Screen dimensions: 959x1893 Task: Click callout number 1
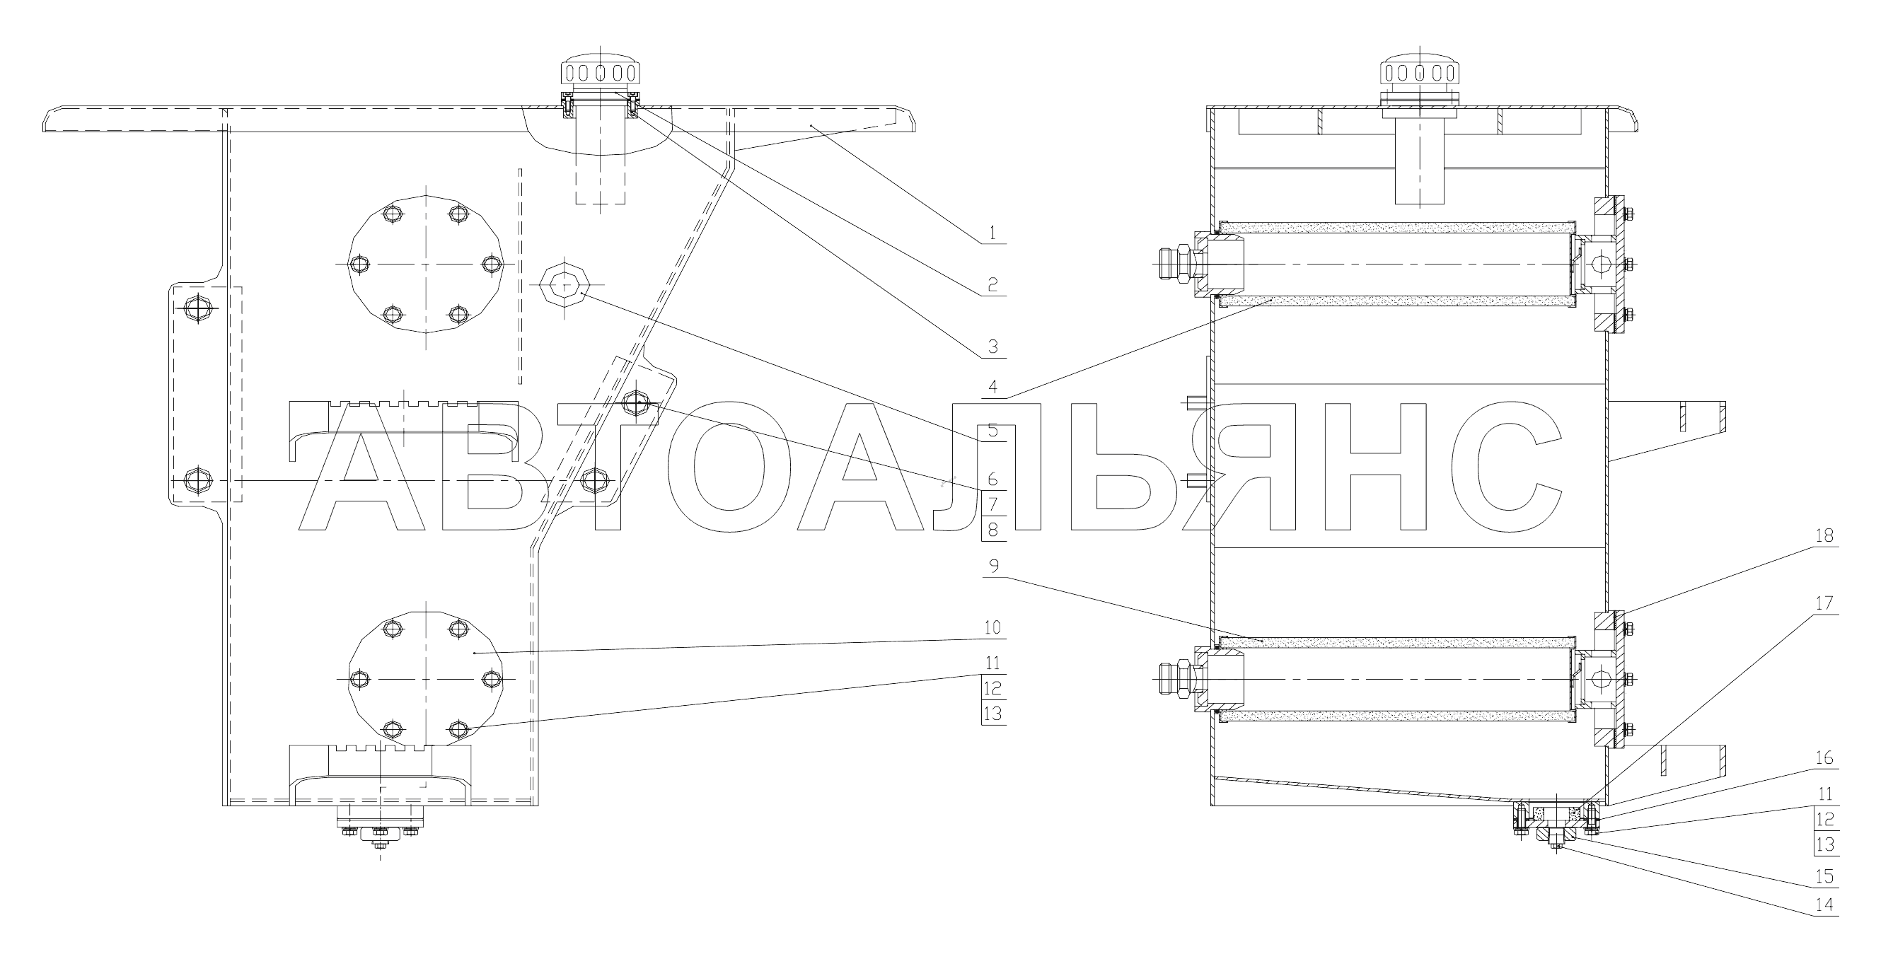point(992,233)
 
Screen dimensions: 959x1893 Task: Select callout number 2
point(992,284)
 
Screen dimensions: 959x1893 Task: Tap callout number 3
point(992,346)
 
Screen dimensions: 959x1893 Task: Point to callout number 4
point(992,388)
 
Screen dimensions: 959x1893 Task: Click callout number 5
point(992,431)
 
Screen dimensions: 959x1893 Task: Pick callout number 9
point(993,566)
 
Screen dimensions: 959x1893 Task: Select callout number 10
point(992,627)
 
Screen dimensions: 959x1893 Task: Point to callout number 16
point(1824,757)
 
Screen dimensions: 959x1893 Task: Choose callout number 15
point(1824,877)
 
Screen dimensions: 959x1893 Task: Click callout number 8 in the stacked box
point(992,528)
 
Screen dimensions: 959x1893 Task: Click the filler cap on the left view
point(600,74)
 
